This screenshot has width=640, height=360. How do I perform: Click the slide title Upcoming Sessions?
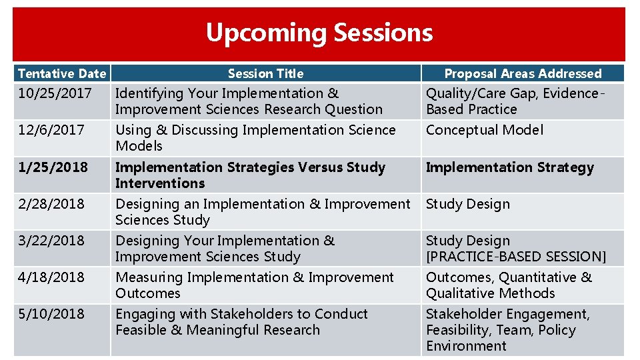point(319,33)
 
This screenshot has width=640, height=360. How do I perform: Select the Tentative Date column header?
point(61,73)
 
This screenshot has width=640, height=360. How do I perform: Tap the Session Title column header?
point(265,73)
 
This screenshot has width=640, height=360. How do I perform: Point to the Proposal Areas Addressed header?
point(523,73)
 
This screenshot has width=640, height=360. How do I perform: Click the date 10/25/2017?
point(55,93)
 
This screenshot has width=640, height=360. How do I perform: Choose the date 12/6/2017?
point(51,130)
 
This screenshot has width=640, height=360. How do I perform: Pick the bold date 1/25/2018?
point(53,167)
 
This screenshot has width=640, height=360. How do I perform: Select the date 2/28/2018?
point(51,204)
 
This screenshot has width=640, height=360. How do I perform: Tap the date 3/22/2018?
point(51,241)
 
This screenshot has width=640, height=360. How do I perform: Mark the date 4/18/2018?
point(51,277)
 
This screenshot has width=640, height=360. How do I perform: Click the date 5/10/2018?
point(51,314)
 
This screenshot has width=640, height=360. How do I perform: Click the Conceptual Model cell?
point(485,130)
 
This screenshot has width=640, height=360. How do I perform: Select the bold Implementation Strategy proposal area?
point(509,167)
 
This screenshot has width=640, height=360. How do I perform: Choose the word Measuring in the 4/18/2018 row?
point(149,277)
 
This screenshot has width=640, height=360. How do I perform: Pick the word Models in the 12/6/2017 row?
point(139,146)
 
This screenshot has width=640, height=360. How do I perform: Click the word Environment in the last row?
point(466,346)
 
